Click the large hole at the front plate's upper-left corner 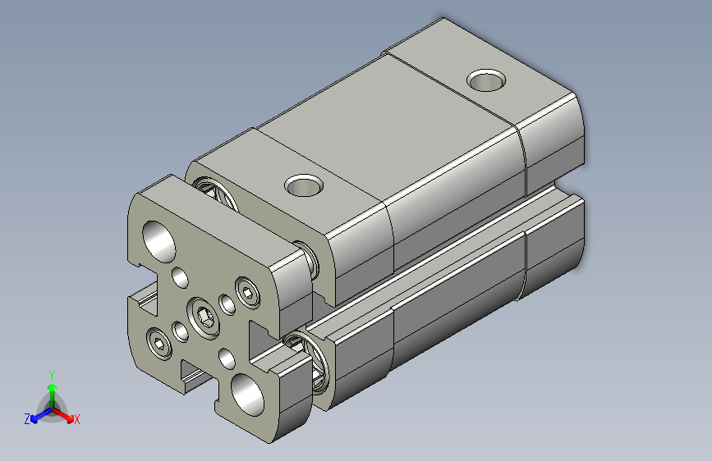pyautogui.click(x=159, y=237)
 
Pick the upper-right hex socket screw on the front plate pyautogui.click(x=247, y=290)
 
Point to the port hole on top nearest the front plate pyautogui.click(x=305, y=186)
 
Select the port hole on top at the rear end pyautogui.click(x=486, y=80)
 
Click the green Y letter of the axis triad pyautogui.click(x=51, y=374)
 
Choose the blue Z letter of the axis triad pyautogui.click(x=27, y=419)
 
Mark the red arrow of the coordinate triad pyautogui.click(x=66, y=415)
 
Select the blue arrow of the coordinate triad pyautogui.click(x=38, y=415)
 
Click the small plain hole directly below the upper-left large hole pyautogui.click(x=180, y=276)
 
